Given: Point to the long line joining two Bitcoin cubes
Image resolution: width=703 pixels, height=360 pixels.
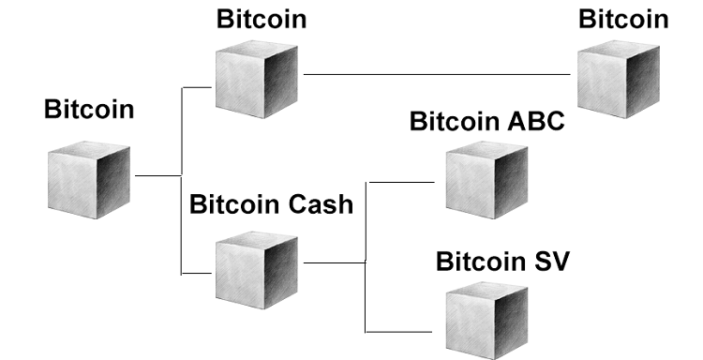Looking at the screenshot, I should (441, 74).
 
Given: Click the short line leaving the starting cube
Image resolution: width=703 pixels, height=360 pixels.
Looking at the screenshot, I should (157, 175).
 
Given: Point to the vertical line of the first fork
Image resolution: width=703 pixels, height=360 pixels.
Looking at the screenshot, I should (181, 178).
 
